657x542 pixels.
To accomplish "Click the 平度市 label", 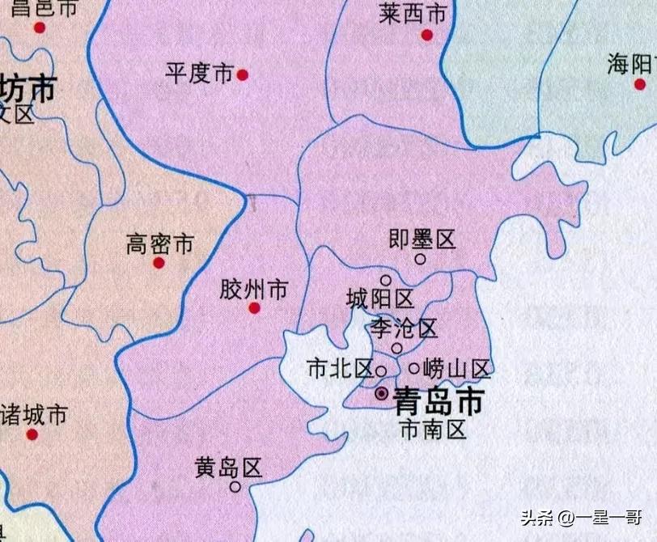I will point(199,74).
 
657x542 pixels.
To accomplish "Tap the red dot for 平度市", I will point(242,75).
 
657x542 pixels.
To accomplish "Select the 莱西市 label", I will point(413,14).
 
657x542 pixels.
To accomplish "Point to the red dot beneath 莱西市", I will point(427,36).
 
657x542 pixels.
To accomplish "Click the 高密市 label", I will point(159,243).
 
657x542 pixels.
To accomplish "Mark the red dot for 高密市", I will point(159,263).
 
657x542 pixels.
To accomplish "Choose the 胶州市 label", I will point(253,289).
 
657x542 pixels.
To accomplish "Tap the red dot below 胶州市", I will point(254,308).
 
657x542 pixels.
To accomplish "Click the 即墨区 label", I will point(422,239).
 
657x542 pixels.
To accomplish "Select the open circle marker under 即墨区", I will point(420,259).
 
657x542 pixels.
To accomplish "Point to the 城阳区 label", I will point(379,300).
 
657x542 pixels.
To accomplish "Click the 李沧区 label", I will point(403,328).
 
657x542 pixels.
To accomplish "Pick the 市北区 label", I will point(339,369).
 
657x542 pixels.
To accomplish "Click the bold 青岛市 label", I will point(438,400).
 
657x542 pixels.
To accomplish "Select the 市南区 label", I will point(433,429).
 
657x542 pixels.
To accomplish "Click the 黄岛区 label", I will point(229,467).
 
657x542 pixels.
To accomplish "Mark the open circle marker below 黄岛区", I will point(235,487).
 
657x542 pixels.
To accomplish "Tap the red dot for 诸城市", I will point(32,434).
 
